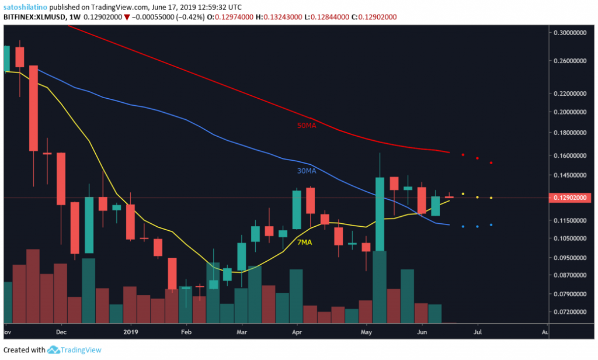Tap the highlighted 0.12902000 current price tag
click(x=572, y=198)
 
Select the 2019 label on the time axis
click(x=131, y=332)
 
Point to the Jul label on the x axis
click(x=478, y=332)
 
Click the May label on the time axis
click(x=366, y=332)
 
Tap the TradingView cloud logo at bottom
click(x=54, y=349)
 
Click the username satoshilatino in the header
click(x=24, y=6)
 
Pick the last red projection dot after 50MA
click(x=491, y=162)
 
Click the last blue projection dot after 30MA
click(x=491, y=225)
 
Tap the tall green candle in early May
click(x=380, y=214)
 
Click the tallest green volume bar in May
click(x=380, y=286)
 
